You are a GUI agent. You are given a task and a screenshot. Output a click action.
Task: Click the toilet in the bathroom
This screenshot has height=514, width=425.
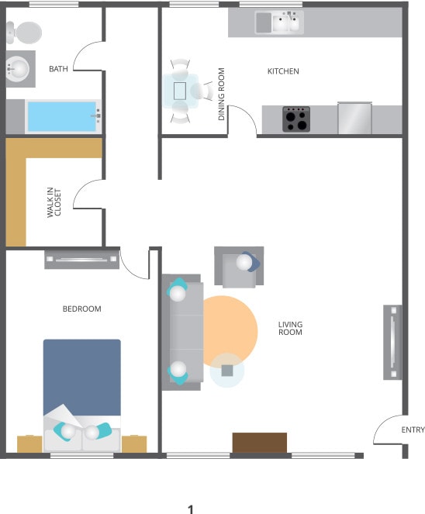point(22,33)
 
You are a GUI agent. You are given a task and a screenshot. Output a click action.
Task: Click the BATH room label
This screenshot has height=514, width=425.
point(59,69)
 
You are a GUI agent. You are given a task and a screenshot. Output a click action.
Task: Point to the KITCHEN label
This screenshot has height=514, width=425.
point(283,71)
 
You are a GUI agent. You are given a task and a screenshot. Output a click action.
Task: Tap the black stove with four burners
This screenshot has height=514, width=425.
point(295,119)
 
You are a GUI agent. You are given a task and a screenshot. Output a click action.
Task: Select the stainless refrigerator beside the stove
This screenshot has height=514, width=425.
point(354,118)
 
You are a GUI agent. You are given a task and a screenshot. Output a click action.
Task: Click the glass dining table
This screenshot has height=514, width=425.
point(180,90)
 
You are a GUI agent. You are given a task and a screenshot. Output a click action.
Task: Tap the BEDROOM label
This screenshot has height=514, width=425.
point(81,309)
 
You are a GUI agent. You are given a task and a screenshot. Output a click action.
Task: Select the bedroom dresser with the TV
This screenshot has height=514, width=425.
point(81,259)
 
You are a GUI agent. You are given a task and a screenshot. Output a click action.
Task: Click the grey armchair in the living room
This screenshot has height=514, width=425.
point(239,267)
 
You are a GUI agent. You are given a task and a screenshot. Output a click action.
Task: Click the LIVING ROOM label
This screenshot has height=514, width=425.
point(290,328)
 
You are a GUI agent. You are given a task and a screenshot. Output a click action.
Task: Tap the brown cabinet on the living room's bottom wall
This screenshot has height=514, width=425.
point(260,443)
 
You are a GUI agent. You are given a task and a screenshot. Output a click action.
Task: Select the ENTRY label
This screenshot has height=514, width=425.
point(413,430)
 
